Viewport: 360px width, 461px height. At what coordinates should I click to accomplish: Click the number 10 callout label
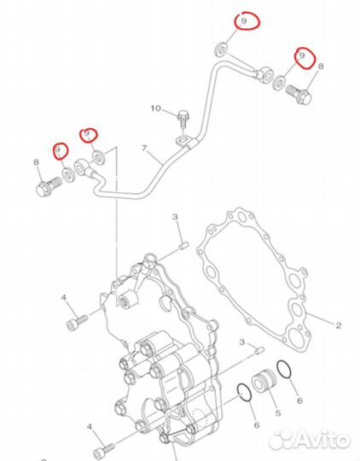[x=156, y=108]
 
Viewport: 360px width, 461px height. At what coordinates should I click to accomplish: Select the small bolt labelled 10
[x=183, y=119]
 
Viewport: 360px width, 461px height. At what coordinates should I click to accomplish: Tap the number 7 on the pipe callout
[x=144, y=149]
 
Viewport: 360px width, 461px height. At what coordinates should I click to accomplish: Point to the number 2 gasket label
[x=339, y=325]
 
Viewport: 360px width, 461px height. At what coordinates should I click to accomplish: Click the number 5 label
[x=278, y=413]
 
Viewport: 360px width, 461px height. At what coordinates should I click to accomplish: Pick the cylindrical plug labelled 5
[x=264, y=381]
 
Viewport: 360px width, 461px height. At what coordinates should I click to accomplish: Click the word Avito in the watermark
[x=322, y=441]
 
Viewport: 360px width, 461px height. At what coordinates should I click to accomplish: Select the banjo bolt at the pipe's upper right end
[x=299, y=95]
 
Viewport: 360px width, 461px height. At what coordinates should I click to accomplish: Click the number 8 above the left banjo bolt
[x=36, y=162]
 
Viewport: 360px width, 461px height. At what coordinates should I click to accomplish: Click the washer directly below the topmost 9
[x=222, y=50]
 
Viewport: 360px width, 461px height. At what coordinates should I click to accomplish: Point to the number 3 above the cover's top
[x=175, y=217]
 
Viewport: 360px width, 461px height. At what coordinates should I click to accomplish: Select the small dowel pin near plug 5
[x=259, y=350]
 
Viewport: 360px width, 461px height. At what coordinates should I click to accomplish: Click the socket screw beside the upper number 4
[x=78, y=322]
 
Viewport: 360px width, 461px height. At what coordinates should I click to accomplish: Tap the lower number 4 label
[x=90, y=427]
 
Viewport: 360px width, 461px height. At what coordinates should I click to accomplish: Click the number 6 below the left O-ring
[x=257, y=425]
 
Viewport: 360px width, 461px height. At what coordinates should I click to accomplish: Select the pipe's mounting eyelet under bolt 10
[x=183, y=140]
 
